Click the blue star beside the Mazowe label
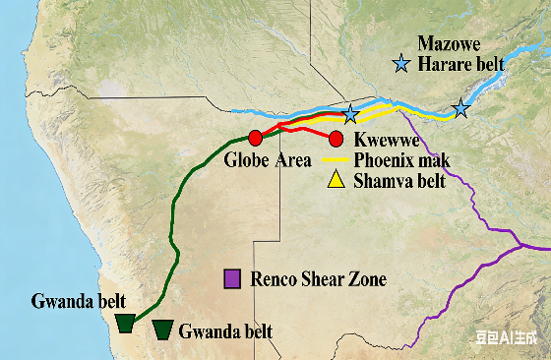(401, 64)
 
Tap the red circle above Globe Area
(256, 137)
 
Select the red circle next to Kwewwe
(336, 138)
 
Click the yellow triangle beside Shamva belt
(336, 179)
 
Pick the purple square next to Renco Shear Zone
(233, 279)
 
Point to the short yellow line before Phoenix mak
(337, 159)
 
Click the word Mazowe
(448, 43)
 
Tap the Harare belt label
(460, 64)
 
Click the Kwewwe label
(382, 140)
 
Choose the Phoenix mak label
(398, 160)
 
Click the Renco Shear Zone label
(319, 280)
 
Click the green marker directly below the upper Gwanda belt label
(125, 324)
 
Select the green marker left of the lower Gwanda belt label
(163, 330)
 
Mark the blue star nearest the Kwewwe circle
(350, 114)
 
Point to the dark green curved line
(176, 226)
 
